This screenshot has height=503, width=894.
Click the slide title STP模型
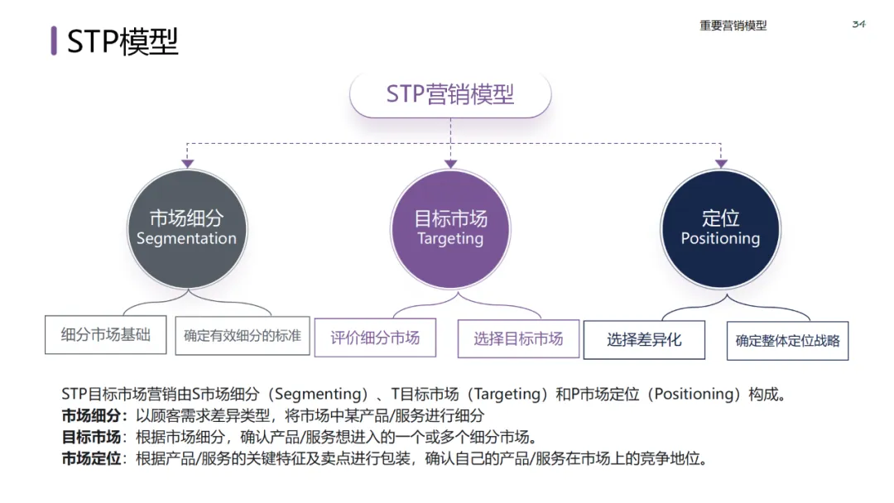coord(123,41)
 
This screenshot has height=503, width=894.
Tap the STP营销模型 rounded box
coord(450,94)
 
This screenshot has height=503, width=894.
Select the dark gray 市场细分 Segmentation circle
coord(187,228)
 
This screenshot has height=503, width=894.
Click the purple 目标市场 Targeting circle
coord(450,228)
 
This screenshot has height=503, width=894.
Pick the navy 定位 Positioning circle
coord(720,228)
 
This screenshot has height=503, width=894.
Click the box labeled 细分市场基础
coord(106,335)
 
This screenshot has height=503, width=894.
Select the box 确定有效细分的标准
coord(243,336)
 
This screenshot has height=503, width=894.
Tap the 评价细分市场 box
coord(375,338)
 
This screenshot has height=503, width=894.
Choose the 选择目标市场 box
coord(518,338)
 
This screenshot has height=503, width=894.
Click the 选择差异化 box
coord(644,339)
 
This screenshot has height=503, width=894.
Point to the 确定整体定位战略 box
coord(787,340)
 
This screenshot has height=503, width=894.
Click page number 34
coord(858,24)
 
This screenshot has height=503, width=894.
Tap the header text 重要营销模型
coord(733,26)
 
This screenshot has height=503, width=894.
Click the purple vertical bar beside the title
coord(54,41)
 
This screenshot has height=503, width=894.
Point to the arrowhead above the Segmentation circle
coord(187,164)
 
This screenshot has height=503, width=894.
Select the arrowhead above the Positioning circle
coord(721,164)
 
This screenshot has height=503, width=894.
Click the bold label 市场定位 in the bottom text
coord(91,458)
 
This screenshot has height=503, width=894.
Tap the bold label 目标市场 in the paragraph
coord(91,437)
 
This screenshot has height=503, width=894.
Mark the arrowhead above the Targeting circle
coord(450,164)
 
